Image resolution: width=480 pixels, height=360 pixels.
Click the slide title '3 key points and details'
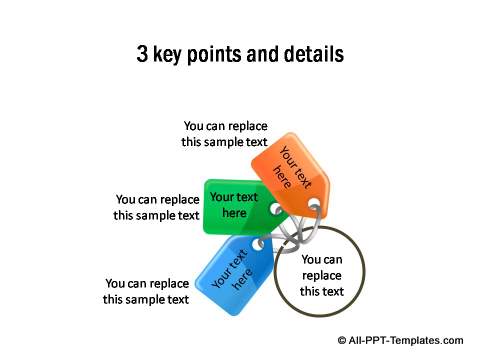pyautogui.click(x=240, y=54)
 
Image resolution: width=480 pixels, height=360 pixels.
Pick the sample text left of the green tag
pyautogui.click(x=157, y=207)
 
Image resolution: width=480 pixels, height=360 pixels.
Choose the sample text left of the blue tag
pyautogui.click(x=147, y=291)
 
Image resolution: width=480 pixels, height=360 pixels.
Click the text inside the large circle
pyautogui.click(x=322, y=275)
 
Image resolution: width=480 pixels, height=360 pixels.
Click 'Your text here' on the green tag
pyautogui.click(x=234, y=205)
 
